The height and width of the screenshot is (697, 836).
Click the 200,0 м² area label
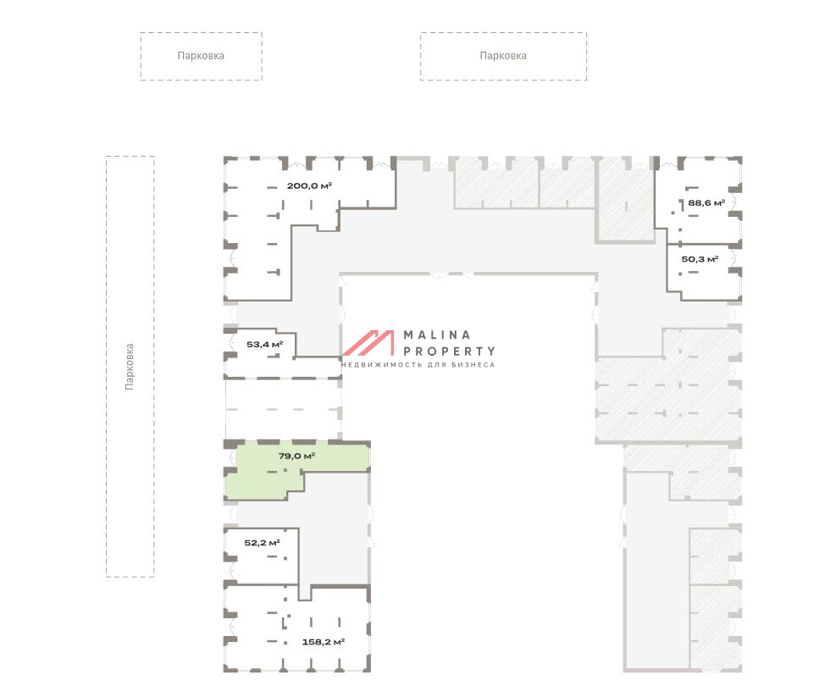click(309, 185)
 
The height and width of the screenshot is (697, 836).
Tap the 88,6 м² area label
click(706, 202)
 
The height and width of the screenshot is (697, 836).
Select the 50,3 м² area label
click(700, 259)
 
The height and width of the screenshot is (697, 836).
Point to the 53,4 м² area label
click(264, 345)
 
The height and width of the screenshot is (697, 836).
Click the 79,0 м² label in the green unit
click(296, 456)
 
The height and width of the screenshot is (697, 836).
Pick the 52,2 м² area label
click(262, 543)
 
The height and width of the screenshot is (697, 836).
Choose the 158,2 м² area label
click(323, 642)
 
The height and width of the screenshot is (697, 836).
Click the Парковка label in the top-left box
click(201, 55)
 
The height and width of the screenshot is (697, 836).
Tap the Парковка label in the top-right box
click(503, 55)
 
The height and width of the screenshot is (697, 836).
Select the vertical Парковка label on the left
click(129, 367)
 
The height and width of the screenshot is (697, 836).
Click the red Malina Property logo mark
click(368, 342)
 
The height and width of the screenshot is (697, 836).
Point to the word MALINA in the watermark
click(437, 335)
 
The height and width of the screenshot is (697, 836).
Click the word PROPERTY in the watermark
click(449, 351)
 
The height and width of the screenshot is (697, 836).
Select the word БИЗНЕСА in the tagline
click(473, 365)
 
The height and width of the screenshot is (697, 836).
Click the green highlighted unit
click(288, 469)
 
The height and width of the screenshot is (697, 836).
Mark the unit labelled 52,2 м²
click(261, 556)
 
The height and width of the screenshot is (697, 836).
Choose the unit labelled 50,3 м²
click(704, 271)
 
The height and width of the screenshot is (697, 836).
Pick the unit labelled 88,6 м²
click(699, 200)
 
